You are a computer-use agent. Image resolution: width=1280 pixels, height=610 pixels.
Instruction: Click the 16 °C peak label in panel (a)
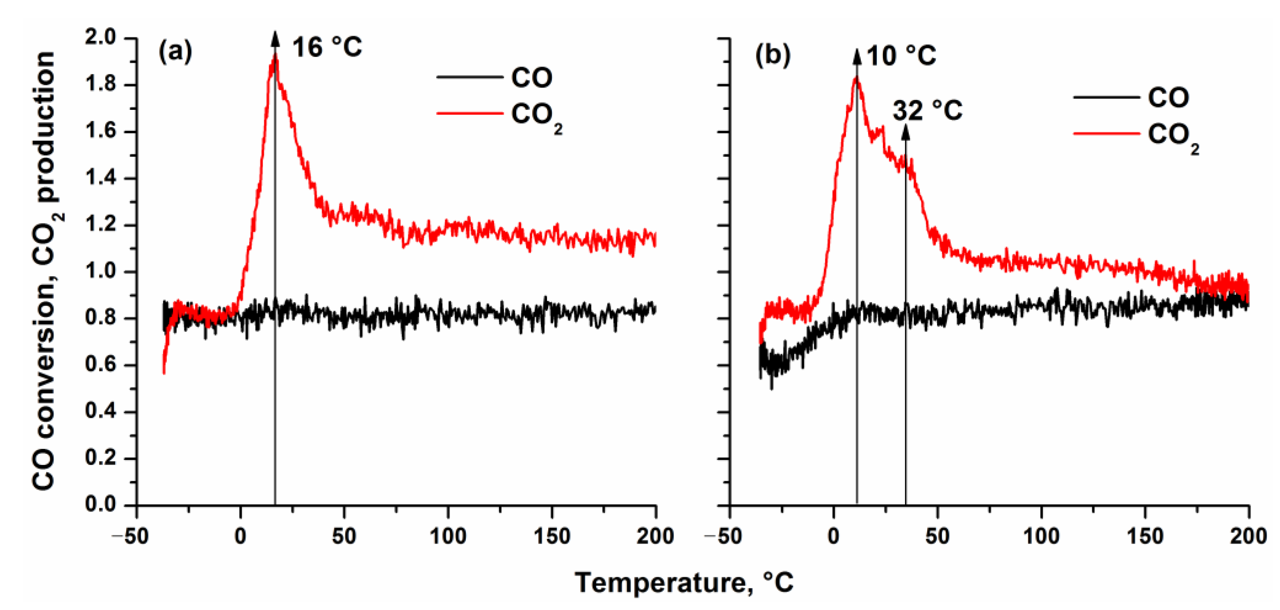point(327,48)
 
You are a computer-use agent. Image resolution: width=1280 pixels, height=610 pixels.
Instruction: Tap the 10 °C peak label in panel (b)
point(901,56)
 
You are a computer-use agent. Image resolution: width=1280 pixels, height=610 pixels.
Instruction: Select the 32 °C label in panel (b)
point(927,110)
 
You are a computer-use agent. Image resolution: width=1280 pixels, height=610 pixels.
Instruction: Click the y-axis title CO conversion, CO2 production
point(45,271)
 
